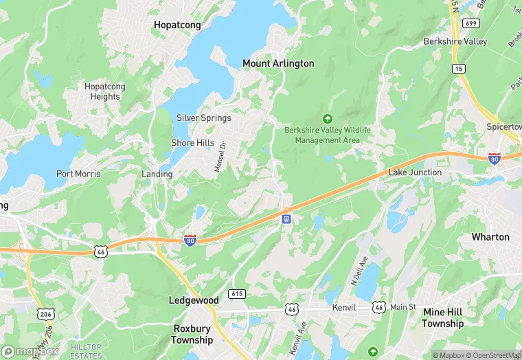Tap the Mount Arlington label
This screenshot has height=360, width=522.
pos(278,63)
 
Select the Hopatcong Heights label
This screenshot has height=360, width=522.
pos(102,91)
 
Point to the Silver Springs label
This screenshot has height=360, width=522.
pos(204,117)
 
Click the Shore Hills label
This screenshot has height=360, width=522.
pos(192,142)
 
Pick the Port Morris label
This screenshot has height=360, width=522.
pos(78,174)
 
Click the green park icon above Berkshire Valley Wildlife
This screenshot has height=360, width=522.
pos(327,118)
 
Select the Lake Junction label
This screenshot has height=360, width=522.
pos(415,172)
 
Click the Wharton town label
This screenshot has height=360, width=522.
pos(490,237)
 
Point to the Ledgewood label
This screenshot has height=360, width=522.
pos(194,300)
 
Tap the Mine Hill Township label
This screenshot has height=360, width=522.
pos(442,317)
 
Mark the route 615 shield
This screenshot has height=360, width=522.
pos(236,293)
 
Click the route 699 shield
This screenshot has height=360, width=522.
pos(471,23)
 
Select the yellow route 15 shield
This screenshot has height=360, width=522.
pos(458,68)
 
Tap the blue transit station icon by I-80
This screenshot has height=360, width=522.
pos(285,218)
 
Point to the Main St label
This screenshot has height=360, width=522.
pos(403,307)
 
